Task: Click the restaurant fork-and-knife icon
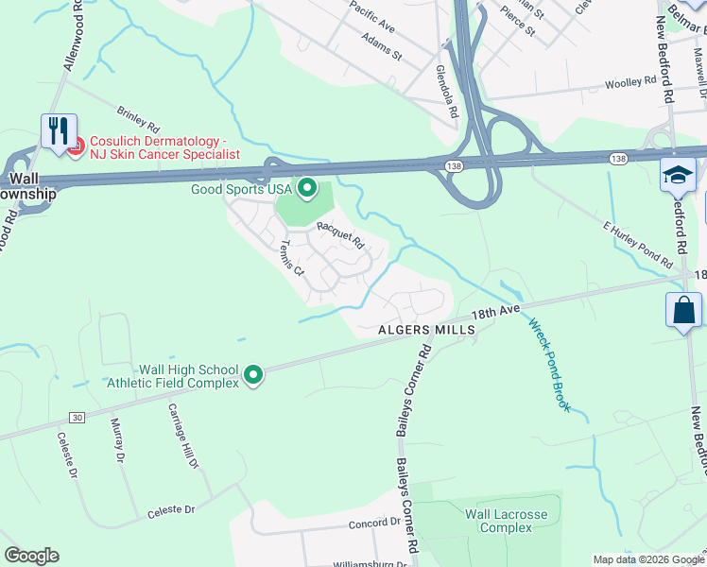58,130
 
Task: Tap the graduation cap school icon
678,175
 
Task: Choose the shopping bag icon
683,310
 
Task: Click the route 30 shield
77,417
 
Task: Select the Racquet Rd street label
340,233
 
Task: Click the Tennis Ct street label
290,257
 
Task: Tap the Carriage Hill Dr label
183,436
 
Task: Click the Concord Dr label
375,523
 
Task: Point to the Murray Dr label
118,441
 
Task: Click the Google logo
31,556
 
